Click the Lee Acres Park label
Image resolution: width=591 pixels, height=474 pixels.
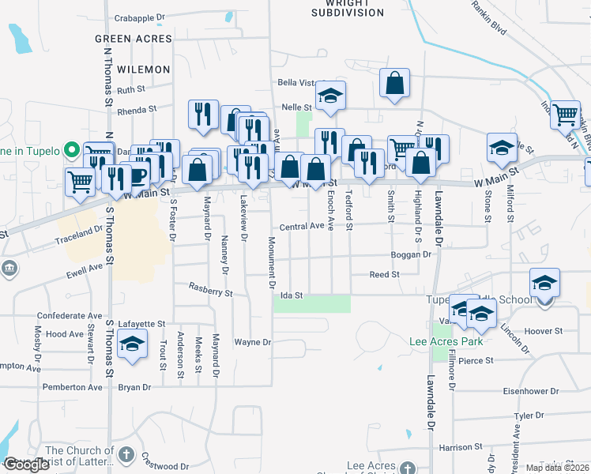click(x=446, y=342)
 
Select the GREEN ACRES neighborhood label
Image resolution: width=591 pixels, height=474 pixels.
click(x=134, y=39)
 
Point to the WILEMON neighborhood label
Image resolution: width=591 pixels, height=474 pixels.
click(x=143, y=70)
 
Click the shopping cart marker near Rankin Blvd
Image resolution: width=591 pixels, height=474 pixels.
click(x=565, y=115)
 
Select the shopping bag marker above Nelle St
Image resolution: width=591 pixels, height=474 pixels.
click(x=394, y=83)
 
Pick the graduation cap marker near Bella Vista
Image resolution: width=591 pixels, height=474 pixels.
click(x=330, y=96)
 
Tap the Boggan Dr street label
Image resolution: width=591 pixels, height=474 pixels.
click(x=412, y=255)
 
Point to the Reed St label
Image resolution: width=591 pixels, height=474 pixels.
click(x=385, y=275)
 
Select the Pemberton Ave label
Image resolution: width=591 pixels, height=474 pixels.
click(x=74, y=388)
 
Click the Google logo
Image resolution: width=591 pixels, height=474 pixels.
click(x=26, y=465)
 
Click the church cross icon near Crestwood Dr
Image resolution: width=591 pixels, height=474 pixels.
click(x=126, y=454)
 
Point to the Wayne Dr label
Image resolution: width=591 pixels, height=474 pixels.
click(x=253, y=343)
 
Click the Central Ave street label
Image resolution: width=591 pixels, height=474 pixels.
click(x=301, y=226)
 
